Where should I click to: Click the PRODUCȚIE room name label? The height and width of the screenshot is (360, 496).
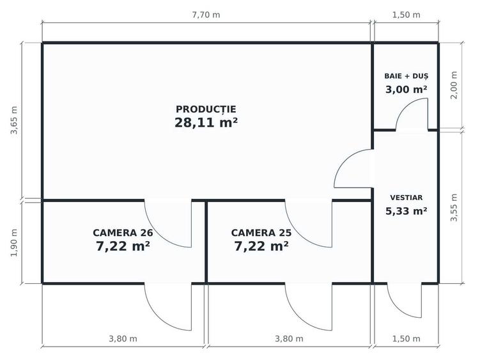point(206,109)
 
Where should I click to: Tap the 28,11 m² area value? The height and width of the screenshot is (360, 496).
point(206,123)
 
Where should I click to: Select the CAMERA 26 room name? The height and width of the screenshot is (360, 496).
point(123,233)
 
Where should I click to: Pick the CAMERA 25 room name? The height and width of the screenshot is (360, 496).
point(261,233)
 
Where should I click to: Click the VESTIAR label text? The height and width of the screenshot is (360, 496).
point(406,198)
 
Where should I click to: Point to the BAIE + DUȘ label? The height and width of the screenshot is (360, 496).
point(406,76)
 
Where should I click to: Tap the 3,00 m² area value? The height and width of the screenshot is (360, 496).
point(406,90)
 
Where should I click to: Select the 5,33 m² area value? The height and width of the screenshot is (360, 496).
point(406,211)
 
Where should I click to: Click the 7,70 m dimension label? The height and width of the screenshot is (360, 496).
point(206,15)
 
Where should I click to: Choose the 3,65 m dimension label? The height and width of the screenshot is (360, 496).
point(14,120)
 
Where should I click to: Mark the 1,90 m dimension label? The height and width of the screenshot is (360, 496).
point(14,242)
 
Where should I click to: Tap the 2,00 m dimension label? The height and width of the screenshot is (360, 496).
point(454,85)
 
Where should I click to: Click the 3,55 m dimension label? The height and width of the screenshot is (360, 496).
point(454,208)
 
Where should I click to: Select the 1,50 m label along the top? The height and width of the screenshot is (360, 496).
point(406,15)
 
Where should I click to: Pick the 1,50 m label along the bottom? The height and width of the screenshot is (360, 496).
point(406,339)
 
